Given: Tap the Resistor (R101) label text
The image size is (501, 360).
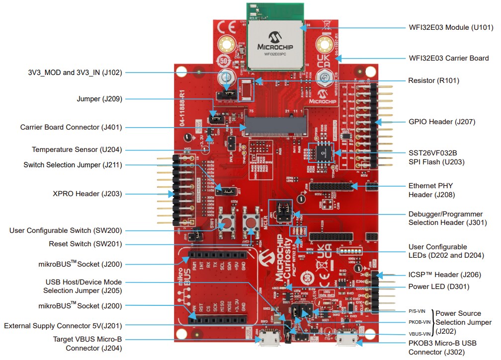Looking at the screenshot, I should [433, 80].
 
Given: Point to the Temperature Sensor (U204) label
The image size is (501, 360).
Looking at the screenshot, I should [77, 149].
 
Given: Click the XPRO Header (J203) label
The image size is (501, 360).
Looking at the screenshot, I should [87, 194].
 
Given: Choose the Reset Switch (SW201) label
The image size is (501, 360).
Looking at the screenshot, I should [85, 244].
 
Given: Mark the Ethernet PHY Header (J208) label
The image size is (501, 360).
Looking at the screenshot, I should [431, 190].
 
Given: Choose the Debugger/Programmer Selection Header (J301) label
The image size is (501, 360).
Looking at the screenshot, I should [447, 218].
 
